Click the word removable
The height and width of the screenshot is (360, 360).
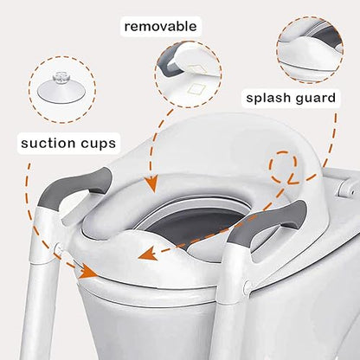click(x=160, y=26)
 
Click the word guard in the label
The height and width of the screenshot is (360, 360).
click(x=313, y=97)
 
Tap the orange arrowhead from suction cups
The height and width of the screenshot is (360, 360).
click(x=89, y=273)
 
